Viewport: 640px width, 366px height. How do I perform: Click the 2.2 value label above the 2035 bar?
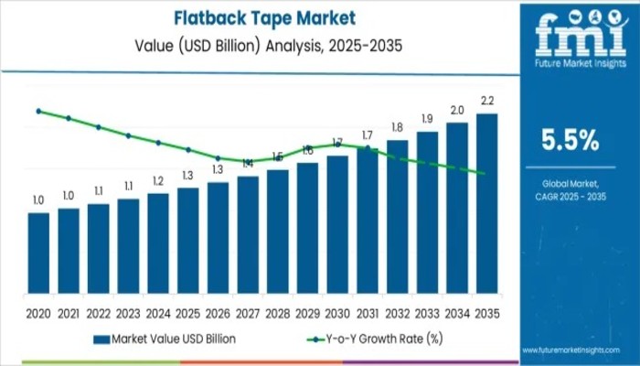click(x=487, y=100)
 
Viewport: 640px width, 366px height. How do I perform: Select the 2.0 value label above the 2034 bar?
click(x=457, y=110)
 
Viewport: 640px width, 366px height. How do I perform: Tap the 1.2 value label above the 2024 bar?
click(x=158, y=180)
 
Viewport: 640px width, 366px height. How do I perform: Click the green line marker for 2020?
click(x=38, y=111)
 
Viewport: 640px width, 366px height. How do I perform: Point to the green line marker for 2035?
click(x=482, y=173)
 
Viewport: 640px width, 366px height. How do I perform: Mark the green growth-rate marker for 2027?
click(x=248, y=162)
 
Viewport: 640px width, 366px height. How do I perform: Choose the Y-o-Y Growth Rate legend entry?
click(x=366, y=339)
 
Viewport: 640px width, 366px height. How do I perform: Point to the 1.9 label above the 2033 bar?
click(x=427, y=119)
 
